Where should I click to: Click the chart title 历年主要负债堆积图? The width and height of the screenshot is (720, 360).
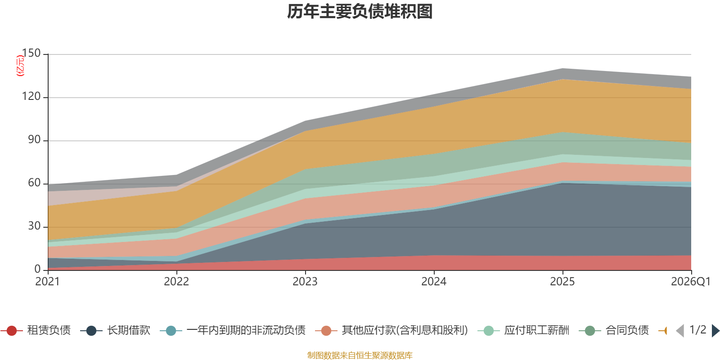tap(360, 12)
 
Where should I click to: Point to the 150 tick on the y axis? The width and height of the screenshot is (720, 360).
tap(31, 54)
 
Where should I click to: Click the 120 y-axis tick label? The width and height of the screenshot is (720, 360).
tap(31, 97)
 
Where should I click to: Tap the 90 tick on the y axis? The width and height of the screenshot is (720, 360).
tap(34, 140)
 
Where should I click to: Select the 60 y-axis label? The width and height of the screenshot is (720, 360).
tap(34, 183)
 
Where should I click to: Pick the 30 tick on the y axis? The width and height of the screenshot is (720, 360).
tap(34, 226)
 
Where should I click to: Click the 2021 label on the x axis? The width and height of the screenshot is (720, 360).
tap(48, 282)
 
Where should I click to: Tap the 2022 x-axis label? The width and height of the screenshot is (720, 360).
tap(176, 282)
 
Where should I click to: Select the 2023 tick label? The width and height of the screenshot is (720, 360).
tap(305, 282)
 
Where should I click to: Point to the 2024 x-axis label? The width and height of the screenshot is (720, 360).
tap(434, 282)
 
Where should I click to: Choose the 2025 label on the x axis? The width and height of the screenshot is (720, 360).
tap(562, 282)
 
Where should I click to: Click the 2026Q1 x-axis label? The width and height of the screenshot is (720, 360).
tap(690, 282)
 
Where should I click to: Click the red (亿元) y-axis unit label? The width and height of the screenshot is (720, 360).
tap(20, 66)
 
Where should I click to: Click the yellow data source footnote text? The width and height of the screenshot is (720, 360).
tap(360, 355)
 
